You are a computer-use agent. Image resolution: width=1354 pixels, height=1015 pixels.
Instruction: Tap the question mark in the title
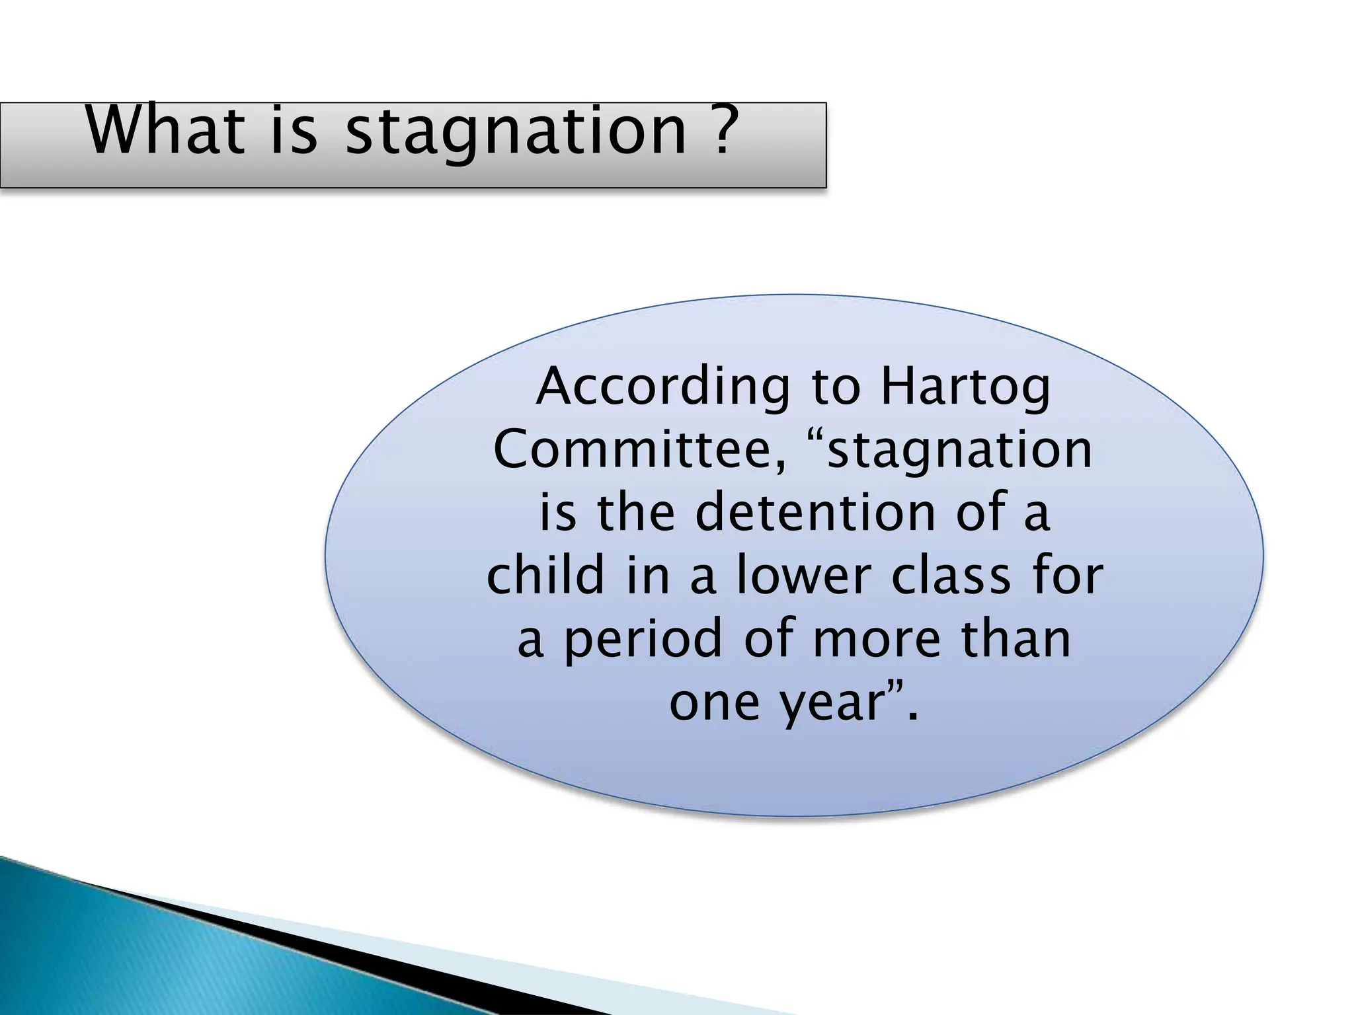click(x=722, y=130)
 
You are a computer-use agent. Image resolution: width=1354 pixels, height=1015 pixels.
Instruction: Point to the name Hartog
click(x=965, y=389)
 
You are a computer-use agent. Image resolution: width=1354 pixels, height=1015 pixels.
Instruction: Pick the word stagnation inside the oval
click(x=959, y=452)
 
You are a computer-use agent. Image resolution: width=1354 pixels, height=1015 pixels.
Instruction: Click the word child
click(x=546, y=575)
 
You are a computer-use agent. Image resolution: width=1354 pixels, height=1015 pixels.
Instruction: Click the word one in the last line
click(x=714, y=703)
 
